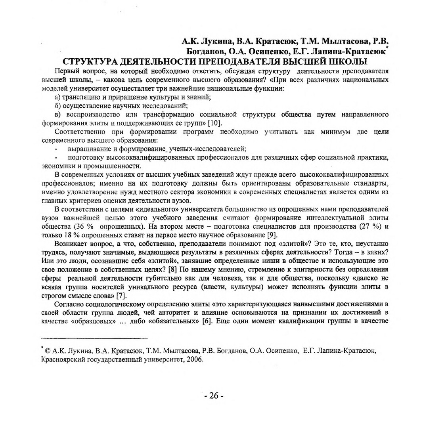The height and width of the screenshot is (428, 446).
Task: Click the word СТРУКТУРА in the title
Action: pos(90,62)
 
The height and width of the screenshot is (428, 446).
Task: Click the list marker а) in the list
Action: pos(57,97)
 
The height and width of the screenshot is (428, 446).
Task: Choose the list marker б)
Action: pos(57,106)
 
